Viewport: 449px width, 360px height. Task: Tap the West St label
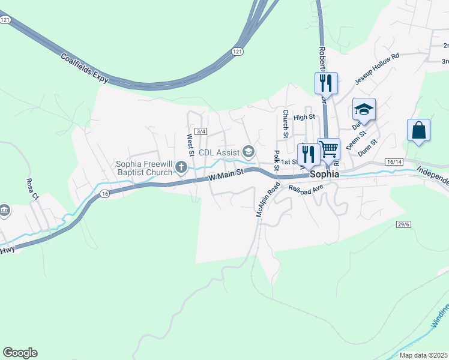(190, 145)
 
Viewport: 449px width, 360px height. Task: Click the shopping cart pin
(328, 148)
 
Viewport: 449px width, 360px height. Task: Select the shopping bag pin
(418, 130)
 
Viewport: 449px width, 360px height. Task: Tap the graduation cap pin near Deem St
(363, 109)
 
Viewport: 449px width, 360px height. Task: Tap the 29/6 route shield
(403, 224)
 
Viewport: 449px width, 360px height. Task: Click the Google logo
(20, 353)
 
